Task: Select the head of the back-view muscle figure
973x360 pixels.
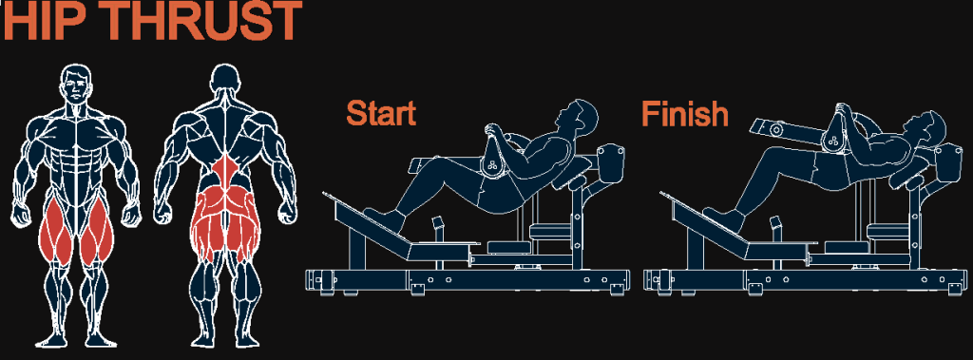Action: tap(224, 79)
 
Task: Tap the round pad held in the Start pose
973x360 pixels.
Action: tap(494, 160)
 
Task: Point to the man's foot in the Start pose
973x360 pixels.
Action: tap(385, 219)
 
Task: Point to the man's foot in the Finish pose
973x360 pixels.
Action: tap(723, 219)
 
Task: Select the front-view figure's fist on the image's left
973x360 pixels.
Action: tap(22, 214)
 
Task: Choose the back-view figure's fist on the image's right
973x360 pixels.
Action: tap(286, 214)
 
